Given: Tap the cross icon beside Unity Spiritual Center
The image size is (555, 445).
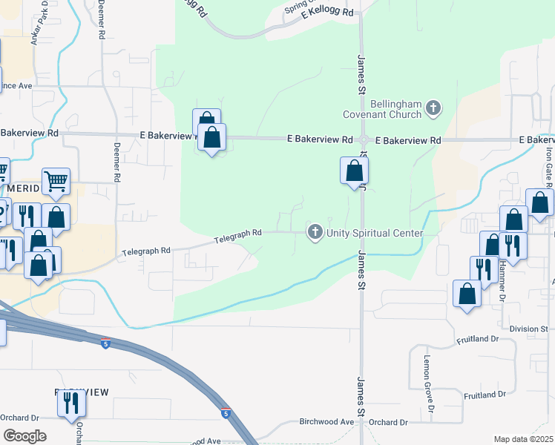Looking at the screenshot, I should [x=315, y=233].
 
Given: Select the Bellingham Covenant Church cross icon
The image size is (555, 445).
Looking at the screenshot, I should [x=433, y=110].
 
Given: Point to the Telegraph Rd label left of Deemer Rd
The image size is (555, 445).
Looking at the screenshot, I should [x=146, y=251].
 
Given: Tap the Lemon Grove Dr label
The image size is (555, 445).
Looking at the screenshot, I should [x=427, y=378].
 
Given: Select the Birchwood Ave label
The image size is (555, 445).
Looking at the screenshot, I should [x=326, y=421].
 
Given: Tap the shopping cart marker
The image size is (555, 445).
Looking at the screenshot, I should [x=56, y=182].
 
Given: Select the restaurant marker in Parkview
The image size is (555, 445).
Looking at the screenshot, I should [x=72, y=402].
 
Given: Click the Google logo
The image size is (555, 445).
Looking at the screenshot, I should [x=24, y=436].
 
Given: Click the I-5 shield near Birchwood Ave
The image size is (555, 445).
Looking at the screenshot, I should [x=224, y=410].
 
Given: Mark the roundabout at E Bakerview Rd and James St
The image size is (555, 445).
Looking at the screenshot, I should [x=364, y=140].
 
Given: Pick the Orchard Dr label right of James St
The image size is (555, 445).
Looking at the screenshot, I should [x=389, y=421].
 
